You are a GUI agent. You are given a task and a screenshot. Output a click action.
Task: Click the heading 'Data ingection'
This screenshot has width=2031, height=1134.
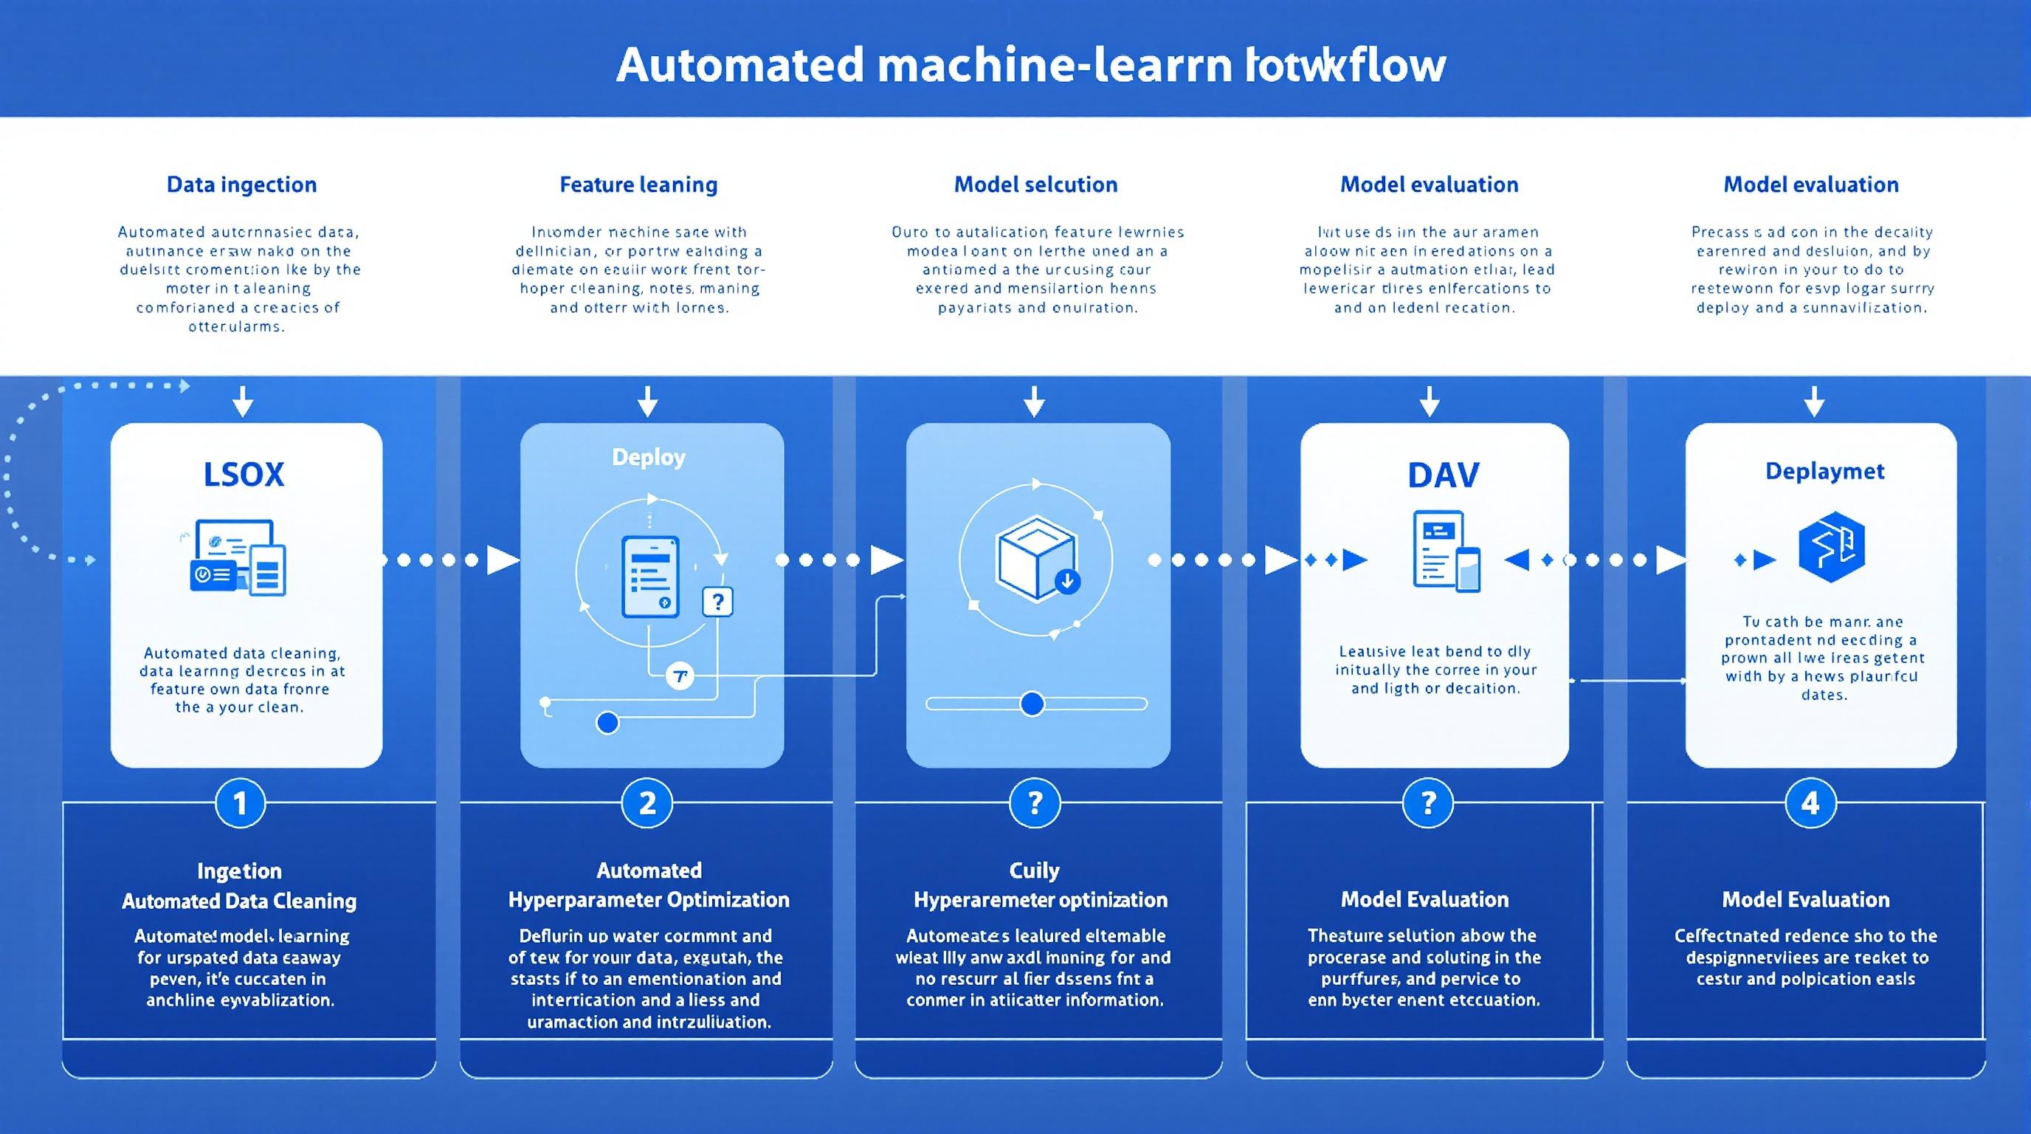pos(241,185)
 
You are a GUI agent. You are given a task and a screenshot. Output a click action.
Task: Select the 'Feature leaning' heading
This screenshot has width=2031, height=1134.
pos(638,185)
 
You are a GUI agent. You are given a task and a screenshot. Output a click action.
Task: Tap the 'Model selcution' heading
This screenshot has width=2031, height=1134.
pos(1035,185)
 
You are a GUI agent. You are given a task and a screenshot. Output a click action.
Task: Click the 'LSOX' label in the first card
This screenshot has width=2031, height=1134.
pos(244,475)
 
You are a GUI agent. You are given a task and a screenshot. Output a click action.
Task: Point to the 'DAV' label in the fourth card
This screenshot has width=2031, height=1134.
pos(1443,475)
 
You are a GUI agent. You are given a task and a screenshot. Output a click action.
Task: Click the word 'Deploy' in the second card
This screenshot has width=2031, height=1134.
pos(648,458)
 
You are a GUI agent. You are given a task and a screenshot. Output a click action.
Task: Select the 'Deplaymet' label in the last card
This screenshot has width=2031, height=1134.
pos(1824,472)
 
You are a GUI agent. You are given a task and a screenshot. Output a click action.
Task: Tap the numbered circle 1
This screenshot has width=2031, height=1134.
pos(241,803)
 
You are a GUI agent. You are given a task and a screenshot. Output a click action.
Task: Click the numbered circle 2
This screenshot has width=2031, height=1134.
pos(646,803)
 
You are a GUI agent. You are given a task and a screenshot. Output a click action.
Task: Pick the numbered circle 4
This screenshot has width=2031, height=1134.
pos(1810,803)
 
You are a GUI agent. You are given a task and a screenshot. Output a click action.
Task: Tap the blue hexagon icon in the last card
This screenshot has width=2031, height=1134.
pos(1831,546)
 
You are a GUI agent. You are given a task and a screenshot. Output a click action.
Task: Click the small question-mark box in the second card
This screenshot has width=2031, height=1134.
pos(717,602)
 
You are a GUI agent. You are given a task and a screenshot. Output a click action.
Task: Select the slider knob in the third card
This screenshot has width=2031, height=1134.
pos(1031,704)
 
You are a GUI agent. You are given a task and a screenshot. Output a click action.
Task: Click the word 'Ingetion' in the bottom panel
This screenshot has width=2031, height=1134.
pos(239,870)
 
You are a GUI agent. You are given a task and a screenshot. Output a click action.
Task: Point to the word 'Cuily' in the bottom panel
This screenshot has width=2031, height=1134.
pos(1034,870)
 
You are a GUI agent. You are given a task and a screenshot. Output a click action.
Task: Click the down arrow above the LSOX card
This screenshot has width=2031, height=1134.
pos(243,402)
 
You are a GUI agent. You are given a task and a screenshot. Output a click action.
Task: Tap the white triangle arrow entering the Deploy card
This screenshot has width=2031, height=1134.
pos(503,560)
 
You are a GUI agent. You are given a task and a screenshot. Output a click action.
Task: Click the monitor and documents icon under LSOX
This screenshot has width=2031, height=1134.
pos(239,557)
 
